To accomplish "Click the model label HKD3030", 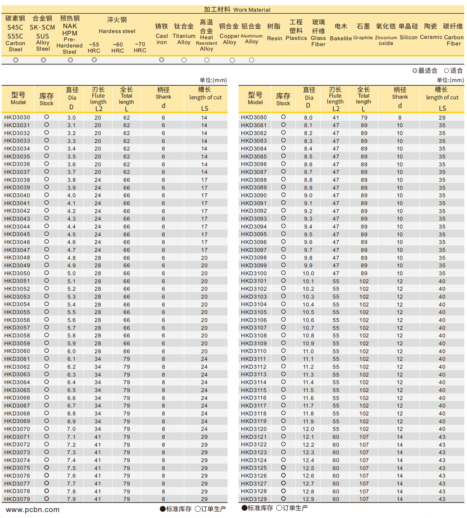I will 17,117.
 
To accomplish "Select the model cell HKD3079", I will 17,499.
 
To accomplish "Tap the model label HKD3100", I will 253,273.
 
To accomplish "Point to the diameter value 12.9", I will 308,499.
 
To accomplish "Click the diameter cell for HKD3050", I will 71,273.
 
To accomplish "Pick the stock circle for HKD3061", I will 46,358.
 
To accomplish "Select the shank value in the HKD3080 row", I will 400,117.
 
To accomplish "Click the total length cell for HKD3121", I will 364,437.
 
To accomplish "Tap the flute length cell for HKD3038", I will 98,180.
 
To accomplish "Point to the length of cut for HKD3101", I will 442,281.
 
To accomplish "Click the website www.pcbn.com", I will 33,509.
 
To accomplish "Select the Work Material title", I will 237,9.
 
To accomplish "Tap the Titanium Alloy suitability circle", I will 184,60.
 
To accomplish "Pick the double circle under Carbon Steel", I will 16,60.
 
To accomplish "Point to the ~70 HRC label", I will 140,47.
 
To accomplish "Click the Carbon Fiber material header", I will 453,35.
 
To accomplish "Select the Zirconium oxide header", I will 386,35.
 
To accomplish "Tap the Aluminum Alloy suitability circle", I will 251,60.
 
